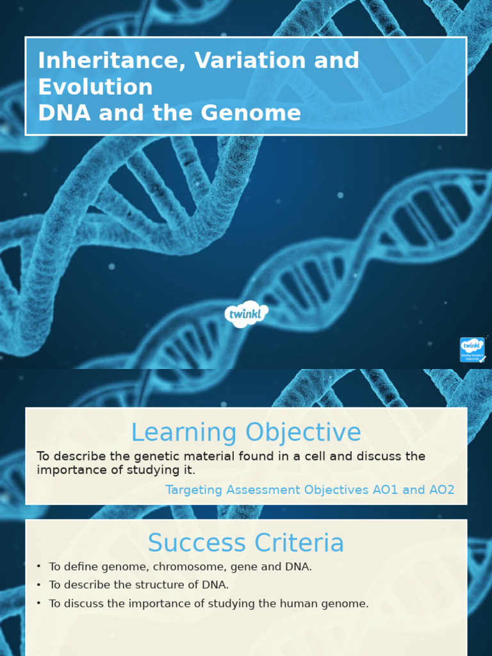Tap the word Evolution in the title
point(95,87)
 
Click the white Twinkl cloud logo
point(246,314)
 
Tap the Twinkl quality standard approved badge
point(472,350)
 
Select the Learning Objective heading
point(246,433)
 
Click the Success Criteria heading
point(246,543)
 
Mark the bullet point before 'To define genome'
point(39,566)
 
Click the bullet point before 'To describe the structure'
point(39,584)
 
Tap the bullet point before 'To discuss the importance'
point(39,603)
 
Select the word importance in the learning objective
point(67,470)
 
